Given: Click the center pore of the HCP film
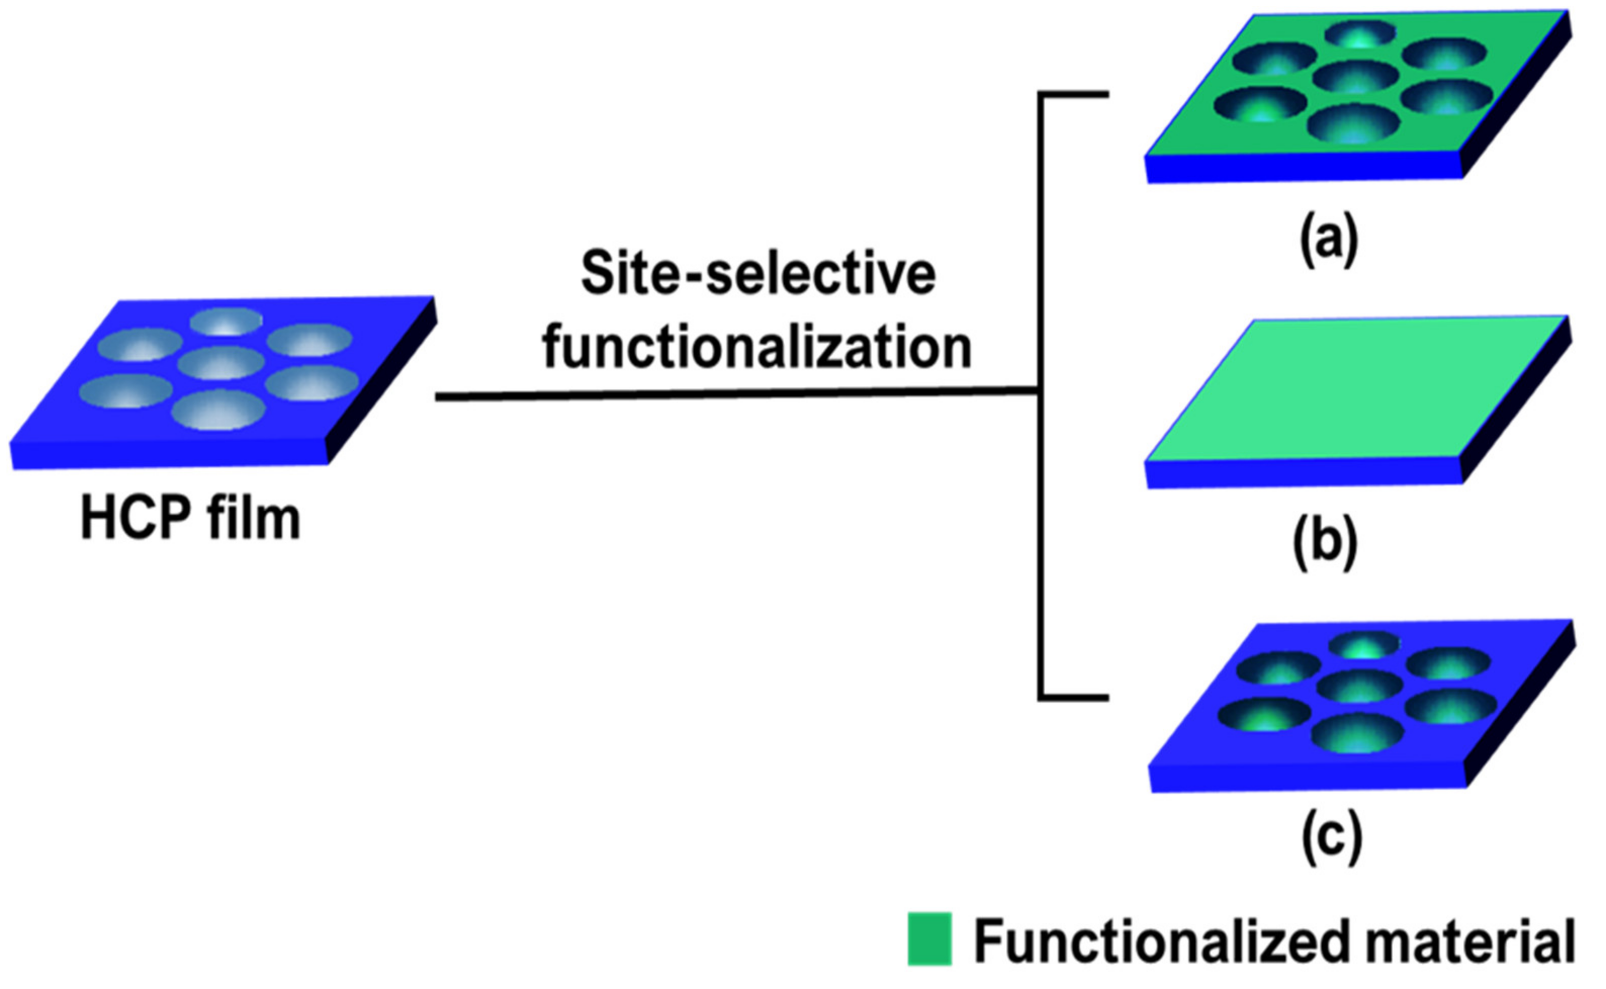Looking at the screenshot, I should (220, 364).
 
